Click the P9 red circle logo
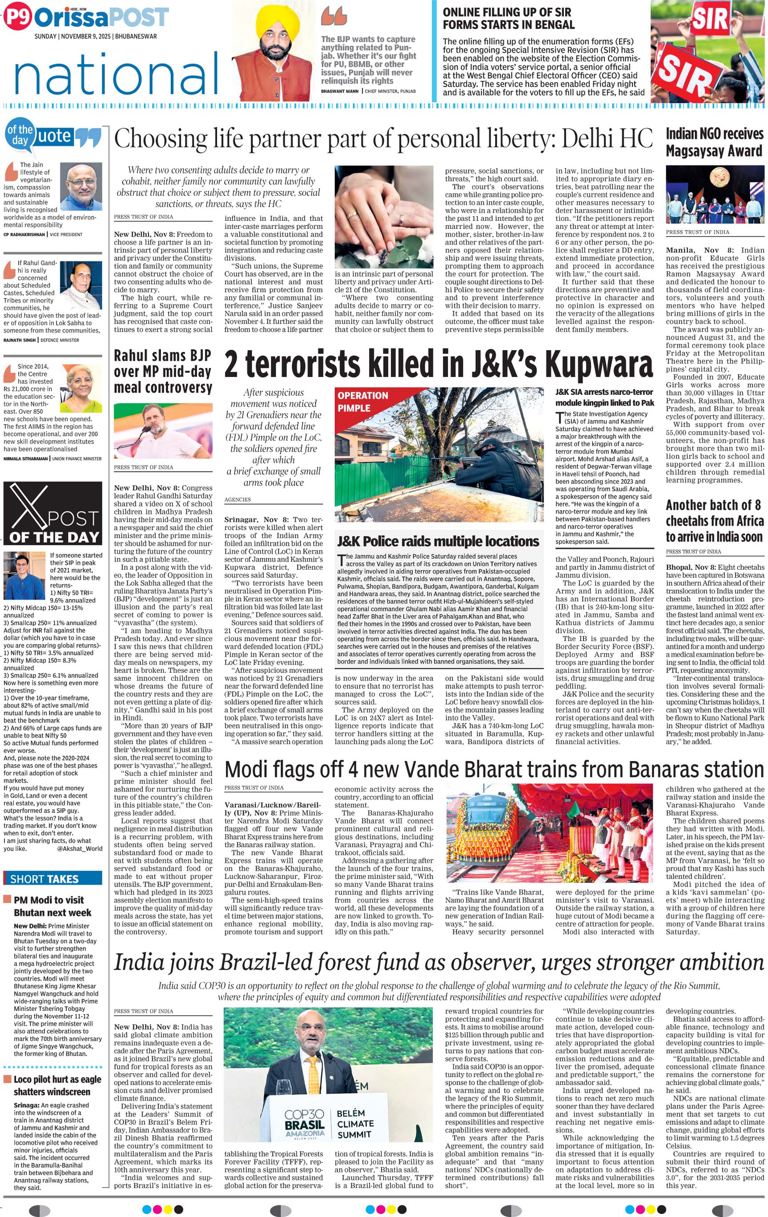(x=17, y=18)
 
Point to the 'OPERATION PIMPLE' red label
(x=362, y=401)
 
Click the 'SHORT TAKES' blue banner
(x=52, y=878)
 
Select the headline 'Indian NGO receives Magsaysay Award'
(x=714, y=142)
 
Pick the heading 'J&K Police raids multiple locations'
(x=438, y=541)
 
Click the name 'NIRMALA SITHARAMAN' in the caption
(x=25, y=459)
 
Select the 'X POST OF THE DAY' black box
(x=52, y=514)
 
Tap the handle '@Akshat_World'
(x=79, y=849)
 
